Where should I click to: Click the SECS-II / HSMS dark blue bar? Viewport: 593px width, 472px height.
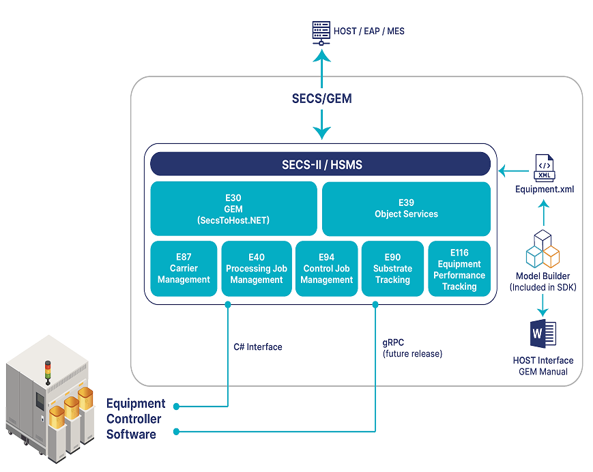321,164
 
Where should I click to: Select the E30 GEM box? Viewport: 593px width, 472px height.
233,208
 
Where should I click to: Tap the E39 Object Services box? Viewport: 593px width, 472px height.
406,208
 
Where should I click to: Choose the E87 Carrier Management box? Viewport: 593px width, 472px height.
183,268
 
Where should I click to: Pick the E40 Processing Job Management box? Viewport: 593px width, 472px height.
257,268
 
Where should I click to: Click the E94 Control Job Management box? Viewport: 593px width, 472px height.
327,268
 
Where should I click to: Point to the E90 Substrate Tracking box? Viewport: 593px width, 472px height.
392,268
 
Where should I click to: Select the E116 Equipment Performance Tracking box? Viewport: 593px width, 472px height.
459,268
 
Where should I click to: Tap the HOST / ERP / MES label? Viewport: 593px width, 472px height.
368,31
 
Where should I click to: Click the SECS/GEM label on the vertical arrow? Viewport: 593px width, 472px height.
321,98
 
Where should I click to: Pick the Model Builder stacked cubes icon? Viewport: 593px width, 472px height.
543,250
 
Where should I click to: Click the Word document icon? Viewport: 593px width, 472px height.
543,336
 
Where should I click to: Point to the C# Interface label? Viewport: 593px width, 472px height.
257,346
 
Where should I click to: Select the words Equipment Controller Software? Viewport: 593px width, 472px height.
135,418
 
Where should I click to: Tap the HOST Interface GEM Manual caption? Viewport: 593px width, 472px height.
543,365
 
